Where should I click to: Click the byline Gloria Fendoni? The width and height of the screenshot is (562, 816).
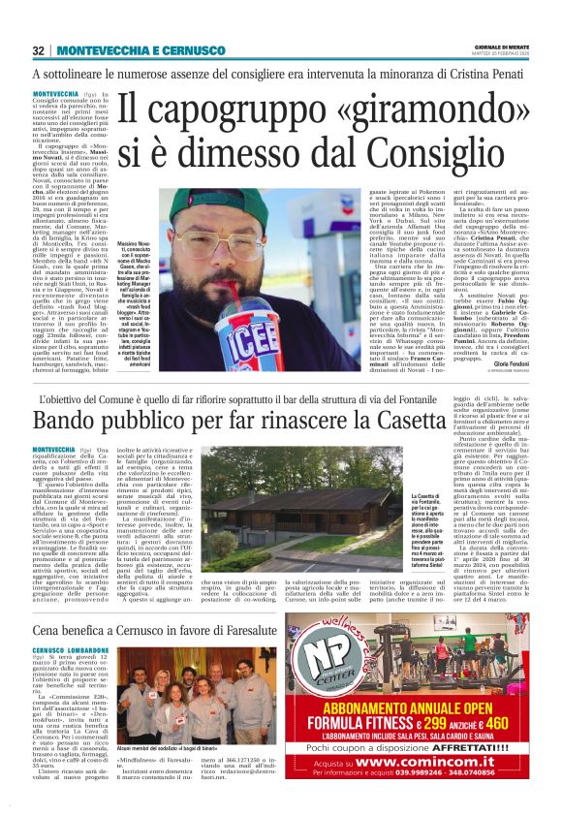[511, 362]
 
